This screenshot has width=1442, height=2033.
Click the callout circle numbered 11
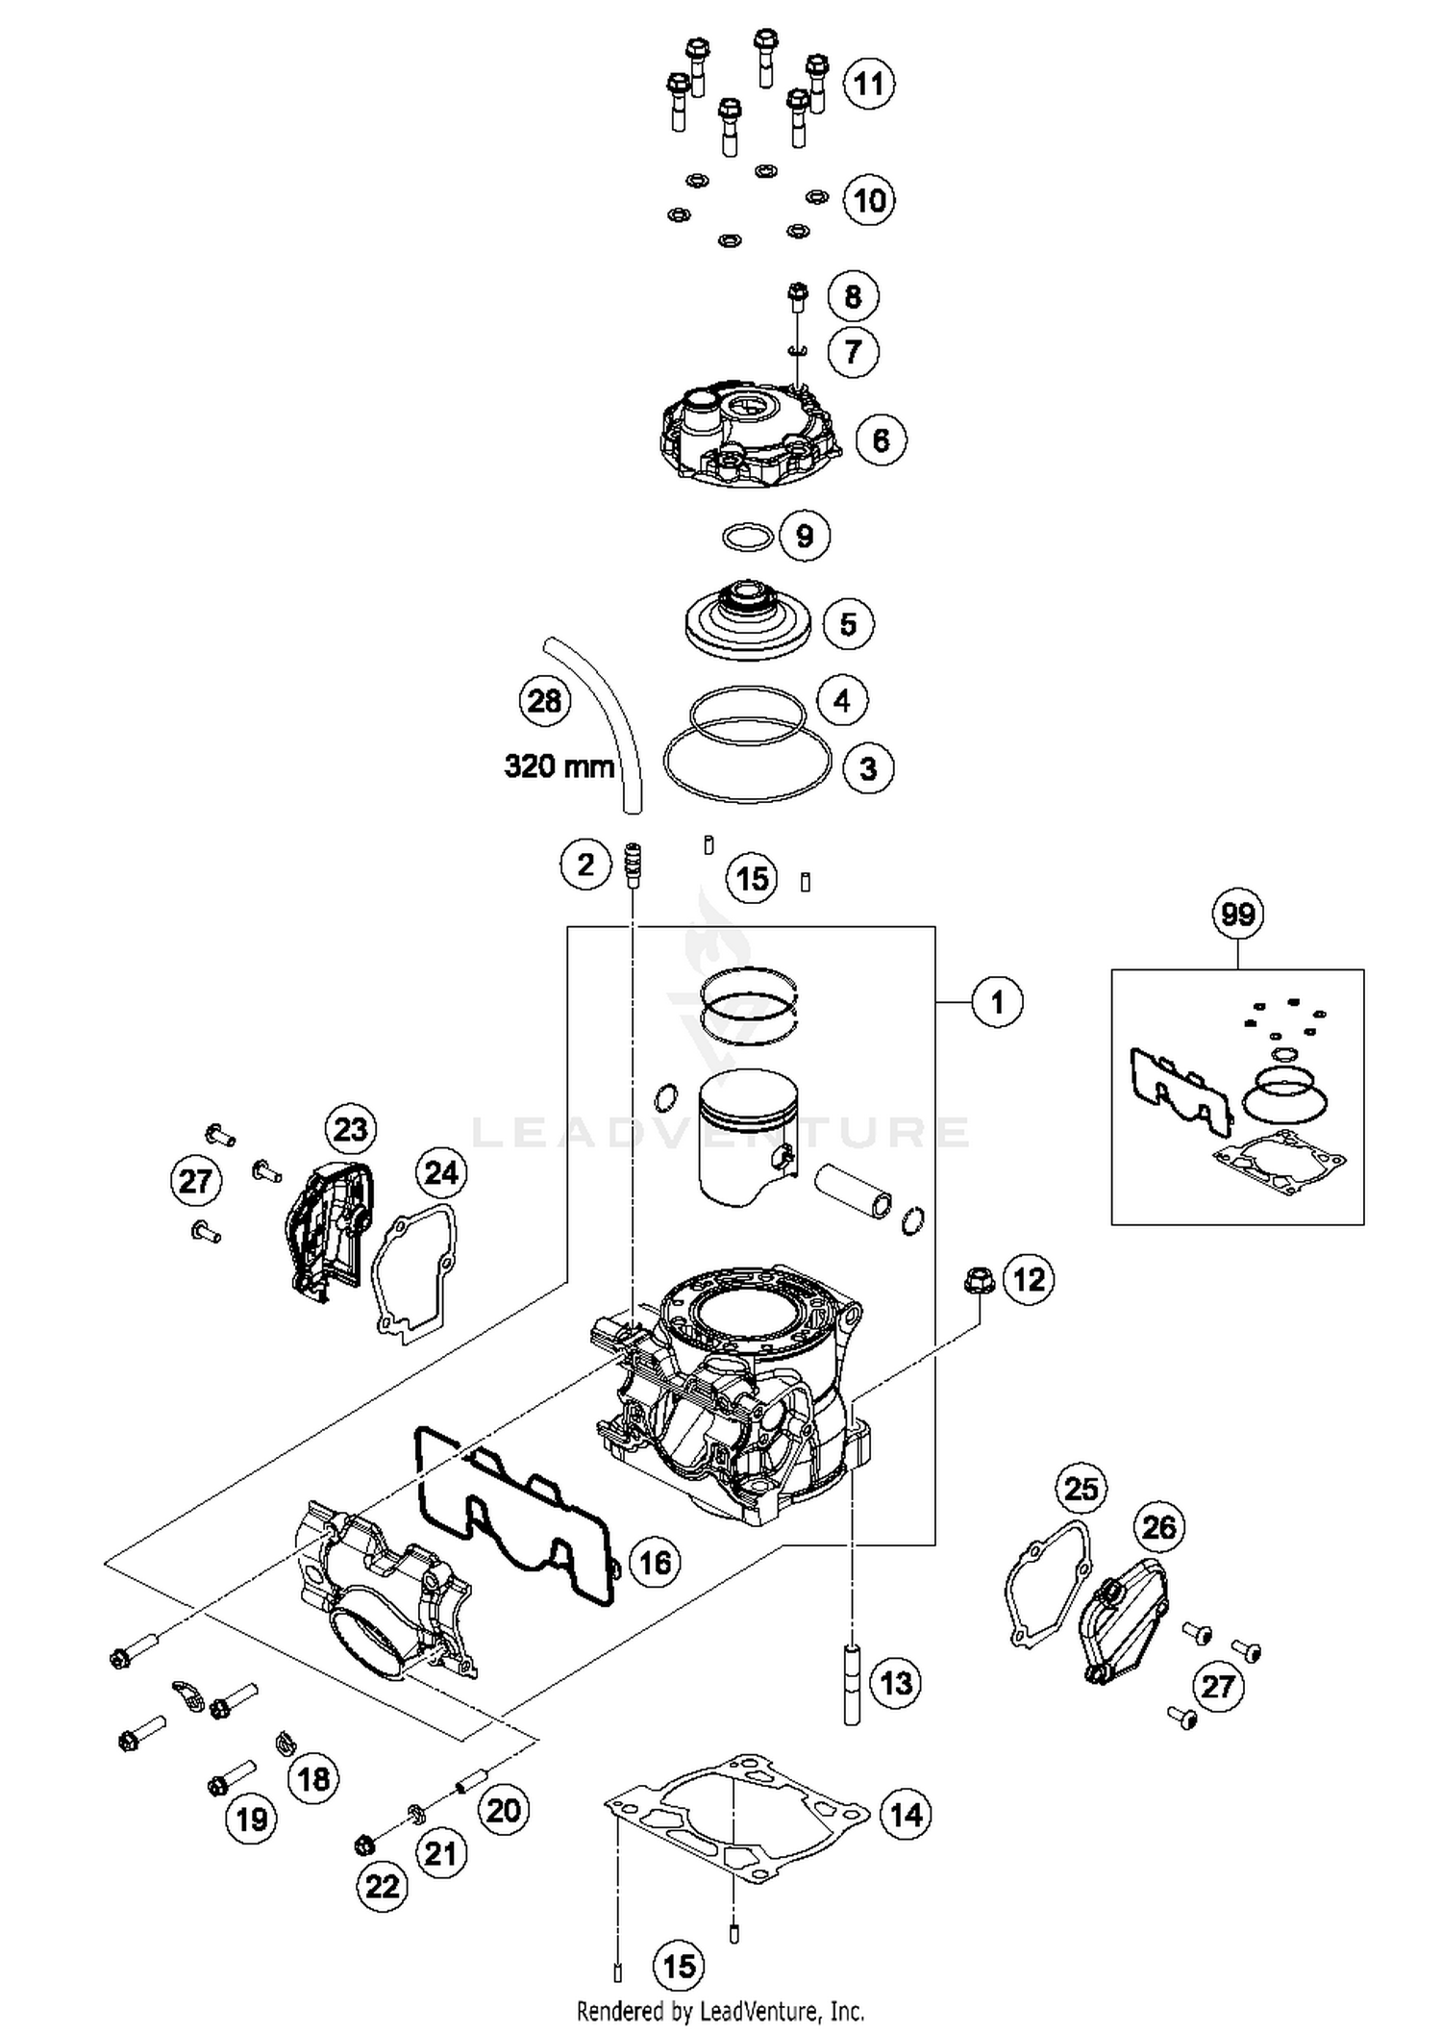pyautogui.click(x=869, y=84)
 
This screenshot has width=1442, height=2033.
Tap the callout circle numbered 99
pyautogui.click(x=1237, y=913)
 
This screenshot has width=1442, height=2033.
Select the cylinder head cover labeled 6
pyautogui.click(x=748, y=435)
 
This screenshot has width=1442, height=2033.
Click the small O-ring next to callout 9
pyautogui.click(x=748, y=537)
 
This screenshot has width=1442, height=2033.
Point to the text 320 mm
pyautogui.click(x=559, y=766)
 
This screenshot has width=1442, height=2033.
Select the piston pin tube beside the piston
pyautogui.click(x=853, y=1192)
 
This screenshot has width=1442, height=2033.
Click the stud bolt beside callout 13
pyautogui.click(x=851, y=1683)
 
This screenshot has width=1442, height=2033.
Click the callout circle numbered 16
pyautogui.click(x=655, y=1562)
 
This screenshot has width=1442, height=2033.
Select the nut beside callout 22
pyautogui.click(x=364, y=1845)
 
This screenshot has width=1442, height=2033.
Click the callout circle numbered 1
pyautogui.click(x=997, y=1002)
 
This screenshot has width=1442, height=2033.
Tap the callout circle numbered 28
pyautogui.click(x=544, y=700)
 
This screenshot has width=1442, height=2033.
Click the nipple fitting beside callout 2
pyautogui.click(x=633, y=866)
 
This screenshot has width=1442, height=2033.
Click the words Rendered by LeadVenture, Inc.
pyautogui.click(x=720, y=2010)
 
